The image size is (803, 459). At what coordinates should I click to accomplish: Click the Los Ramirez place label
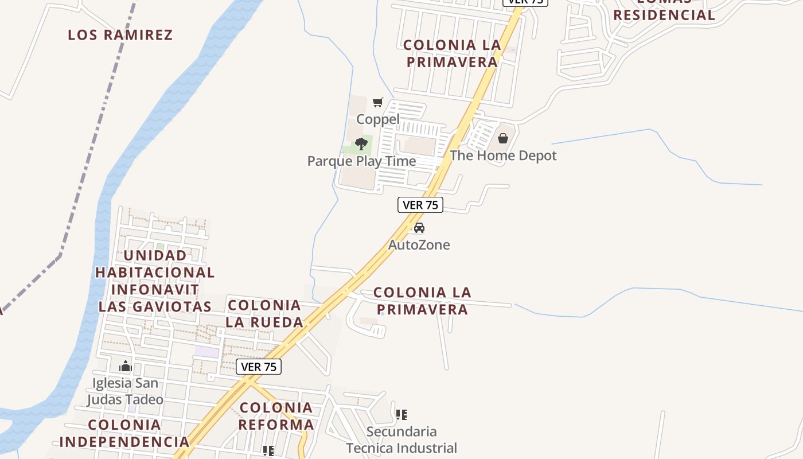pyautogui.click(x=120, y=35)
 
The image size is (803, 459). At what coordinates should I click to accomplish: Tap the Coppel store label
pyautogui.click(x=378, y=119)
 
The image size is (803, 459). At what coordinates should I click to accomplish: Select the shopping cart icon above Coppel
pyautogui.click(x=378, y=103)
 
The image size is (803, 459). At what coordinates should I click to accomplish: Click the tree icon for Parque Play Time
pyautogui.click(x=361, y=143)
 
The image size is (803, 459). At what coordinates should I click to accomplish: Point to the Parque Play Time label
pyautogui.click(x=361, y=161)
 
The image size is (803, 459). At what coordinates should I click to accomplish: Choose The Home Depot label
pyautogui.click(x=503, y=155)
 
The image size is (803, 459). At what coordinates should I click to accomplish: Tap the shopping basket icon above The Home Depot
pyautogui.click(x=503, y=138)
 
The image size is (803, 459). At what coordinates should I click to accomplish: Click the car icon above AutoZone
pyautogui.click(x=419, y=228)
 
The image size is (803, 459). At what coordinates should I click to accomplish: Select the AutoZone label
pyautogui.click(x=419, y=245)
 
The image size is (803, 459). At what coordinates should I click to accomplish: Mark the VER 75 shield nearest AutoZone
pyautogui.click(x=420, y=205)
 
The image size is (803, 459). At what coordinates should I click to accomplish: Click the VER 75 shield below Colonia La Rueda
pyautogui.click(x=259, y=367)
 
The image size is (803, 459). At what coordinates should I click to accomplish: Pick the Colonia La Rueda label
pyautogui.click(x=264, y=314)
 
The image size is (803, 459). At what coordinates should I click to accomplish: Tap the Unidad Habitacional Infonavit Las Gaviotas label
pyautogui.click(x=155, y=281)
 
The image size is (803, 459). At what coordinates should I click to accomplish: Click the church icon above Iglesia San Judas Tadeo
pyautogui.click(x=126, y=365)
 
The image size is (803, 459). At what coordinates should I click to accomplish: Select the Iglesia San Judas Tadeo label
pyautogui.click(x=126, y=391)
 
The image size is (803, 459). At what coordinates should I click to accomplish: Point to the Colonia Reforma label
pyautogui.click(x=276, y=416)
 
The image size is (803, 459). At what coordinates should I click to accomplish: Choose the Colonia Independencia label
pyautogui.click(x=124, y=433)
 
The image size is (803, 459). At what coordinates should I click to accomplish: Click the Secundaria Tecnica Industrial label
pyautogui.click(x=402, y=439)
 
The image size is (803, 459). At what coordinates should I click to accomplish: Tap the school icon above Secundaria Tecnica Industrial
pyautogui.click(x=402, y=414)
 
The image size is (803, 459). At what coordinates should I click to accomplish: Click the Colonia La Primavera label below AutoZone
pyautogui.click(x=422, y=301)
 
